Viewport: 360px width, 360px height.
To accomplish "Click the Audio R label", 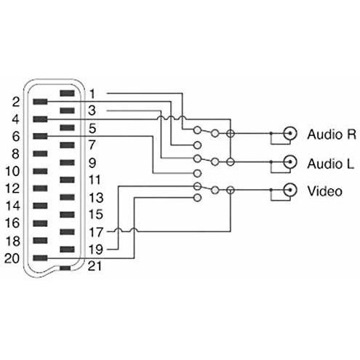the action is [x=332, y=134].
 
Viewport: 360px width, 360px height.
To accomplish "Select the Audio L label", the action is [x=330, y=164].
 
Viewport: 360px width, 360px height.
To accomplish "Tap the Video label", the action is [x=325, y=191].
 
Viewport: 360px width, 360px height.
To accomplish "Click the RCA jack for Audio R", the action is [x=290, y=133].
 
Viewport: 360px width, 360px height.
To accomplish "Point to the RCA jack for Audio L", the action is [x=290, y=161].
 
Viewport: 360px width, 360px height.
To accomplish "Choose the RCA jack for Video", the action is [x=290, y=190].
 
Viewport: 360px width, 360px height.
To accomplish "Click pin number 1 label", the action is [x=92, y=94].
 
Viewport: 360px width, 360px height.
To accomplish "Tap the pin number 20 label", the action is [x=12, y=258].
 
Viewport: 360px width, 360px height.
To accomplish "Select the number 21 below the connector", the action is [x=95, y=266].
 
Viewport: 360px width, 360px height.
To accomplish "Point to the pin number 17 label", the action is [x=96, y=232].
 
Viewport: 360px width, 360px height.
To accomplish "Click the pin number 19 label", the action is [x=96, y=249].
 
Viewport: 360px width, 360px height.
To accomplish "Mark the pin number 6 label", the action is [x=16, y=136].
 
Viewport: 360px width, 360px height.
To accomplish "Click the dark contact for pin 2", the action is [x=40, y=102].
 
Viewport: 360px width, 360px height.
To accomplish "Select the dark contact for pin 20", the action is [x=40, y=258].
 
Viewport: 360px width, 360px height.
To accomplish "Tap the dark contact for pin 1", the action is [x=67, y=93].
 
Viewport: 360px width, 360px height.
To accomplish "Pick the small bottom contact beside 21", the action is [x=65, y=268].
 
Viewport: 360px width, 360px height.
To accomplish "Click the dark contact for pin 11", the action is [x=67, y=180].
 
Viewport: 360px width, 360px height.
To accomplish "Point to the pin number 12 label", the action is [x=12, y=188].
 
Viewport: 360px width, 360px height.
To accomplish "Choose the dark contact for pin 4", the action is [x=40, y=119].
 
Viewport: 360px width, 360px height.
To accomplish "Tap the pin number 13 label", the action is [x=96, y=198].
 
